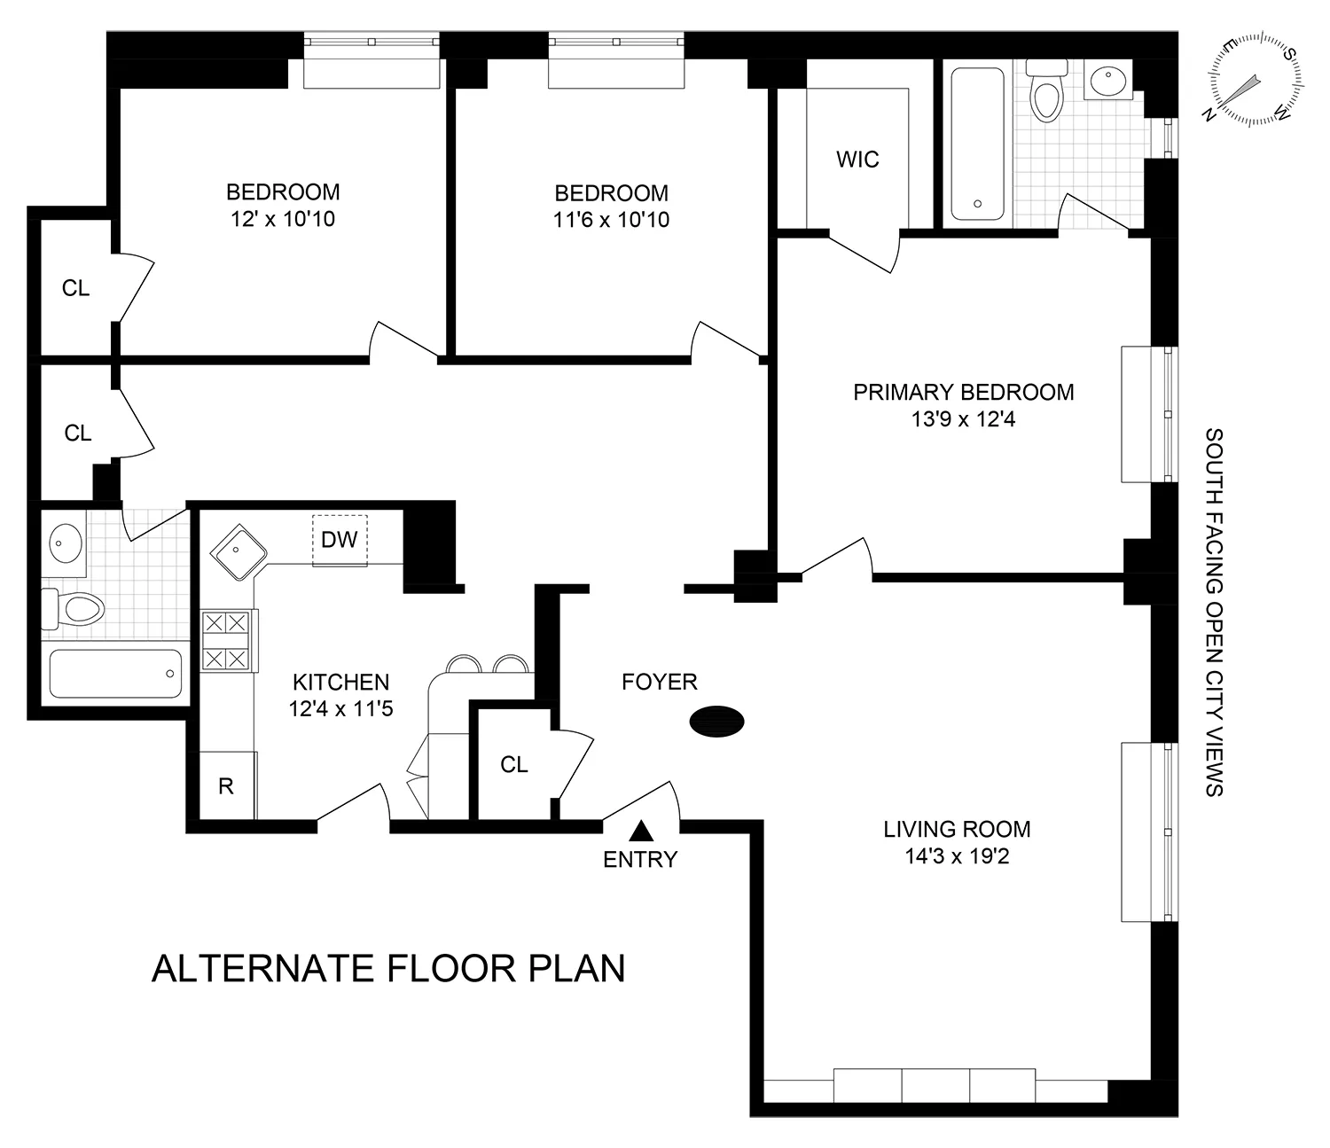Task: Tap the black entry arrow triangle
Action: [640, 832]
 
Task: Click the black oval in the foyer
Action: [717, 722]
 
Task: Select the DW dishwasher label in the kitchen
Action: [339, 540]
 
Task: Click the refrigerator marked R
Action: [226, 785]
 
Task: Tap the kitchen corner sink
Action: [238, 551]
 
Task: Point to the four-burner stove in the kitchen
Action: [225, 641]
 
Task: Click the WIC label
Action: [857, 160]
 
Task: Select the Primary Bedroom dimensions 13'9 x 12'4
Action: [963, 418]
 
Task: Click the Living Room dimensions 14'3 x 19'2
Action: [957, 856]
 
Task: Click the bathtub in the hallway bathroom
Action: [115, 674]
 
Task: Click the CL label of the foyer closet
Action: [513, 764]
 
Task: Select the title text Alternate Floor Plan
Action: [388, 968]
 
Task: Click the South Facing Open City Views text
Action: [1214, 613]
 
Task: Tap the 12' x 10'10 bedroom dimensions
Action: [283, 219]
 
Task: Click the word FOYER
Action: [659, 682]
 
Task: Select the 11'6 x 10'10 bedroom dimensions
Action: [611, 220]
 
